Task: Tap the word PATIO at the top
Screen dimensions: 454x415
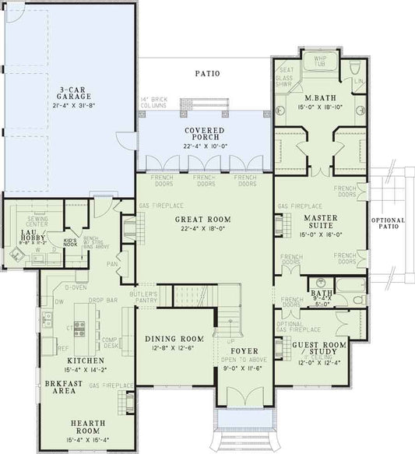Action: [x=206, y=74]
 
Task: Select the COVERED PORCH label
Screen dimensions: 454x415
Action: [x=205, y=134]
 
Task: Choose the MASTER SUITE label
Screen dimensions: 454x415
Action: [x=319, y=222]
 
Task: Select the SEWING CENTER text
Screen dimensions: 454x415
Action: [x=37, y=222]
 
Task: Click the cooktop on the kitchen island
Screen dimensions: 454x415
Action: [x=79, y=329]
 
